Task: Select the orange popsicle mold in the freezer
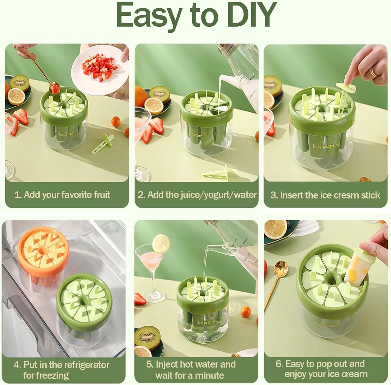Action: pos(43,258)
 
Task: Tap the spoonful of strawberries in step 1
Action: pos(54,88)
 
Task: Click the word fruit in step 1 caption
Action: pos(100,195)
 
